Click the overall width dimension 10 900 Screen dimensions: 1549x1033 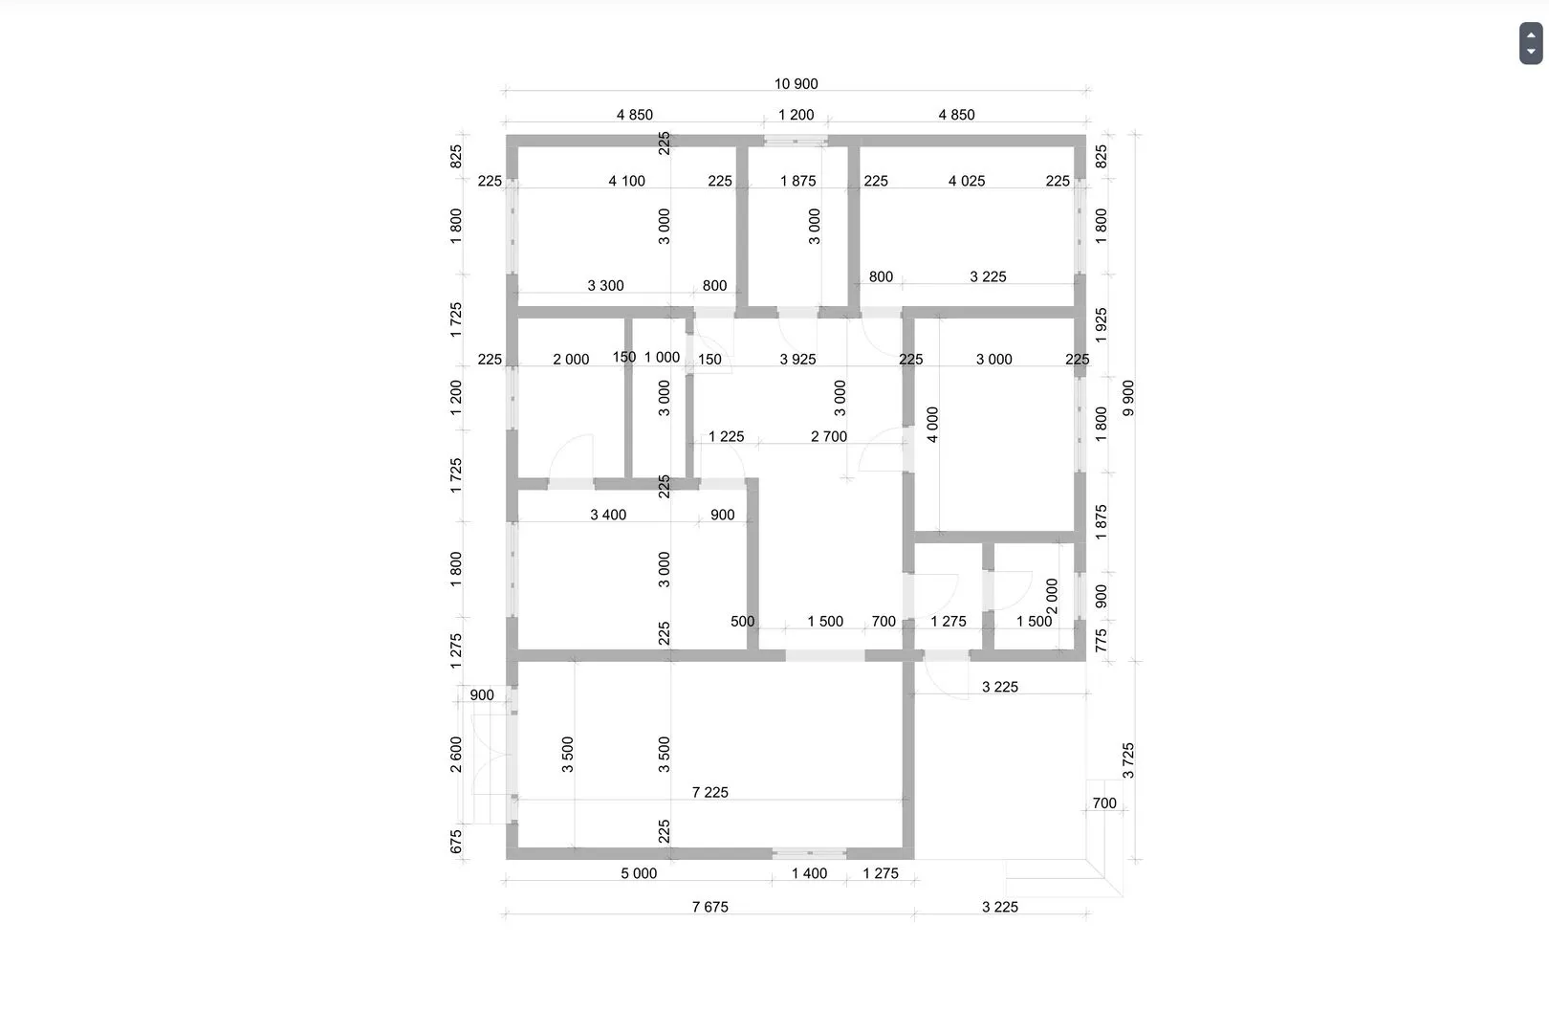796,84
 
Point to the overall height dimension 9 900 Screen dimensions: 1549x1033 1128,398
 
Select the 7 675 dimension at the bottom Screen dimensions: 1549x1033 710,907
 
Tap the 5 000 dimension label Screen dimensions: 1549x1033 639,873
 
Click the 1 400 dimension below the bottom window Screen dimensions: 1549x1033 809,873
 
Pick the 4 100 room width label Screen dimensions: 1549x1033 626,181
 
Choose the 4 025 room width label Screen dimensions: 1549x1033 966,181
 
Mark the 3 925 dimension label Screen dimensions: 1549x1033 797,359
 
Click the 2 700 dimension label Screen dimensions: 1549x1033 828,436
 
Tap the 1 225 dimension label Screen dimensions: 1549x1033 726,436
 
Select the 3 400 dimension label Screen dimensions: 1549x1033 608,515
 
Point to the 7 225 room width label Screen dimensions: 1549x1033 710,792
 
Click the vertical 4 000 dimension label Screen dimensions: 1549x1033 932,424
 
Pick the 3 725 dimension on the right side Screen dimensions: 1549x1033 1128,760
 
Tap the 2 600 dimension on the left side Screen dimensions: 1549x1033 456,754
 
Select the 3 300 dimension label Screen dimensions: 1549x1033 605,285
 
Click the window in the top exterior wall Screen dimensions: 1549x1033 796,141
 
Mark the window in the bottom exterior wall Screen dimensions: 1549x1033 809,854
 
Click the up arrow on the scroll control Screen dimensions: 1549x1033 1531,34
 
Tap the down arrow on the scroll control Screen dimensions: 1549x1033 1531,52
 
